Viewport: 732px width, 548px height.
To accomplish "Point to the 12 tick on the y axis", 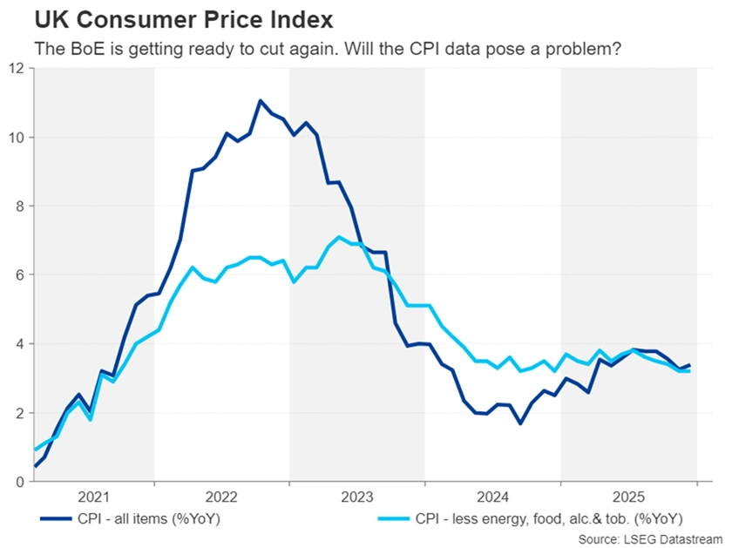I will pyautogui.click(x=16, y=68).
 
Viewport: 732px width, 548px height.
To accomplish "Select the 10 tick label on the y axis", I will pyautogui.click(x=16, y=137).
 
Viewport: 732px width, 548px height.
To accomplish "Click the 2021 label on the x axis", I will pyautogui.click(x=93, y=497).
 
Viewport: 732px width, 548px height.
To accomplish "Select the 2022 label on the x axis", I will pyautogui.click(x=222, y=497).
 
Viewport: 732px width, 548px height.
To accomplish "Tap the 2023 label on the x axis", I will pyautogui.click(x=357, y=497).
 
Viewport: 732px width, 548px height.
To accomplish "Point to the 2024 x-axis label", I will pyautogui.click(x=492, y=497).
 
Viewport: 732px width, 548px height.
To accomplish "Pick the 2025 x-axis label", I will pyautogui.click(x=627, y=497).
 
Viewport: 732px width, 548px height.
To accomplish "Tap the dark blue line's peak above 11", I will pyautogui.click(x=260, y=101).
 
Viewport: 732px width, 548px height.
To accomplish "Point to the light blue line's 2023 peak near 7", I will pyautogui.click(x=338, y=237).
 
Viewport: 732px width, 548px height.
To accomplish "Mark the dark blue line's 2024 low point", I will pyautogui.click(x=519, y=423).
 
